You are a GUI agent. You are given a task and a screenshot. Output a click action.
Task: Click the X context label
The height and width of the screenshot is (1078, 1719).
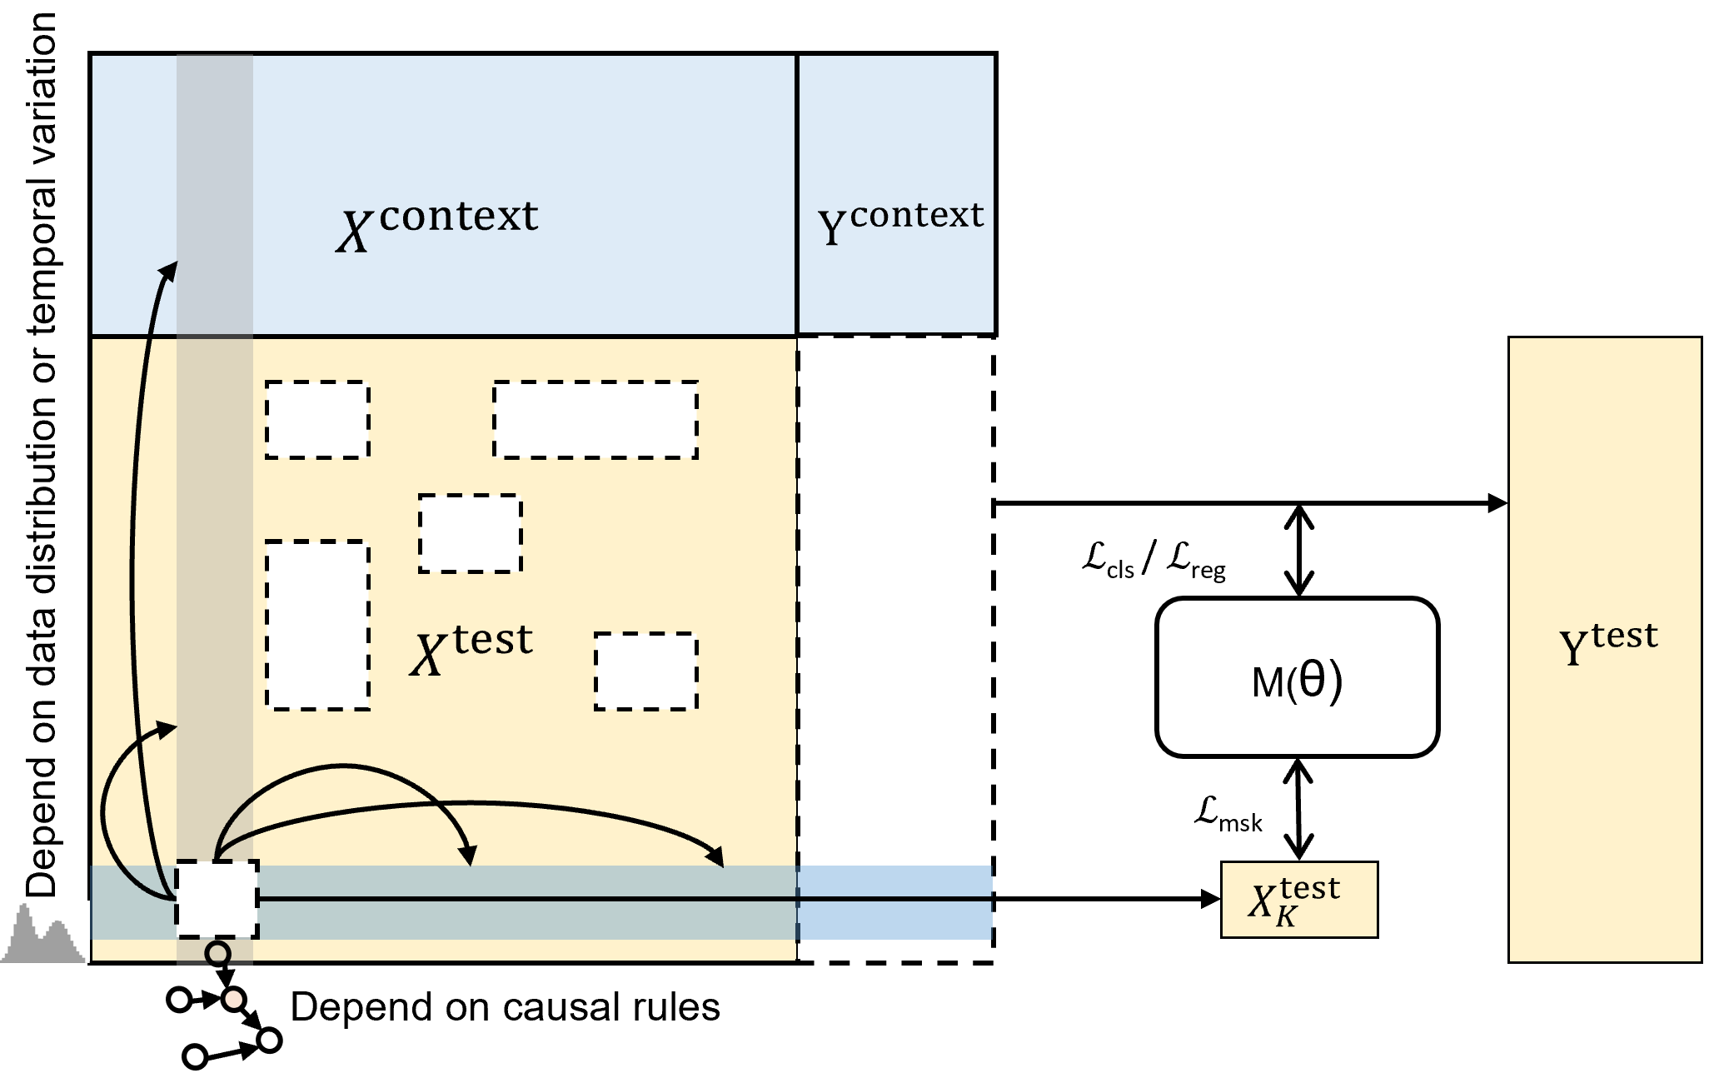point(438,225)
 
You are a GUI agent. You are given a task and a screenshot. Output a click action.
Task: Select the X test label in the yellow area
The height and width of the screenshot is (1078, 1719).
point(471,650)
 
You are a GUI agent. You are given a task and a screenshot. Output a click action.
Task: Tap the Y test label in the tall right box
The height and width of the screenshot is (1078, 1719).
point(1607,645)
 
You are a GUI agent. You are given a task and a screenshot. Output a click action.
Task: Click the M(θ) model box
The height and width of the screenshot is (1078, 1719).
point(1297,678)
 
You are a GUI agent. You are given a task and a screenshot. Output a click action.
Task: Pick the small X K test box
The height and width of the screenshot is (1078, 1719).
point(1298,900)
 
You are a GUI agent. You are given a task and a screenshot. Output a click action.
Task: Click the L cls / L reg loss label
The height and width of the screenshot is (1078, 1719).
point(1153,560)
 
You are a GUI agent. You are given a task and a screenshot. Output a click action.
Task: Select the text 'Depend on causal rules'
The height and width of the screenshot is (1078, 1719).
point(505,1007)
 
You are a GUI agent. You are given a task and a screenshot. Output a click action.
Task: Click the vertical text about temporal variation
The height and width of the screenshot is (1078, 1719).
point(42,454)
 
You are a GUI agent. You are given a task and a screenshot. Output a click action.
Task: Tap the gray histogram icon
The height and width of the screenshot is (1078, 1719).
point(42,937)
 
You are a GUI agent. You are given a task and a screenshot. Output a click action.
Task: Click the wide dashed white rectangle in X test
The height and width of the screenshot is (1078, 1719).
point(595,420)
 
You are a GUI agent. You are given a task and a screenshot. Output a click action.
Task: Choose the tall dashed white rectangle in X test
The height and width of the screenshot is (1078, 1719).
point(317,625)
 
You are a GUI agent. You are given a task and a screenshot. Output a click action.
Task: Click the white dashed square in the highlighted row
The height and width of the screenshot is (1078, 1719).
point(217,900)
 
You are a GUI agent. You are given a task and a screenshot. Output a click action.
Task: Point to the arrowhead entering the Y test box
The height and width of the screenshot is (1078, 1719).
point(1497,503)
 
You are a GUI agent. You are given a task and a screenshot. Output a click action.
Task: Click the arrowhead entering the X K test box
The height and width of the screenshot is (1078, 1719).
point(1210,899)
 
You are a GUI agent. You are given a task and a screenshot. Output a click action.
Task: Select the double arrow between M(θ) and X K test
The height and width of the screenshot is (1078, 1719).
point(1298,809)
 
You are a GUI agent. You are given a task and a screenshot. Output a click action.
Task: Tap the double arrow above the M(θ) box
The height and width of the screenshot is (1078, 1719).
point(1298,551)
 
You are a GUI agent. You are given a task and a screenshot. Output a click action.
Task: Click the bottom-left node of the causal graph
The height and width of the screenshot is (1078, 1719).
point(195,1057)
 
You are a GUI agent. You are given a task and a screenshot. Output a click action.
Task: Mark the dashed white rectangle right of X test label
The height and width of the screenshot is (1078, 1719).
point(645,671)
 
